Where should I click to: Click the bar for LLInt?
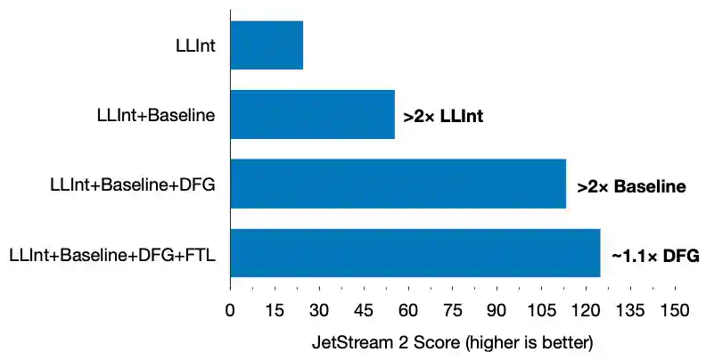tap(267, 45)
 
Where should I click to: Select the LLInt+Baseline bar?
tap(312, 115)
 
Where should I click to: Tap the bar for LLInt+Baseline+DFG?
tap(398, 184)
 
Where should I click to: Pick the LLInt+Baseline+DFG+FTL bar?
tap(415, 254)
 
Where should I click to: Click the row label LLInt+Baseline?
tap(156, 115)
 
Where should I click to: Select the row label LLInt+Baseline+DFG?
tap(134, 184)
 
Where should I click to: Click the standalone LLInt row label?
tap(197, 45)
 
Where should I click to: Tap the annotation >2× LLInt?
tap(443, 116)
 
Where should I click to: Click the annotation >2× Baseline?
tap(631, 187)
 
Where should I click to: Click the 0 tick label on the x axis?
tap(230, 311)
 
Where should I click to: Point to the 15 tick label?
tap(275, 311)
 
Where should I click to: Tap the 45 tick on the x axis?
tap(364, 311)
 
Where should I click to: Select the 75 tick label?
tap(452, 311)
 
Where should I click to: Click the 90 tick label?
tap(497, 311)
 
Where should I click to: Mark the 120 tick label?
tap(586, 311)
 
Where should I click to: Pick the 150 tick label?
tap(675, 311)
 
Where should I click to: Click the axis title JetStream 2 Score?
tap(452, 342)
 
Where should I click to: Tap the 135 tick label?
tap(630, 311)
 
